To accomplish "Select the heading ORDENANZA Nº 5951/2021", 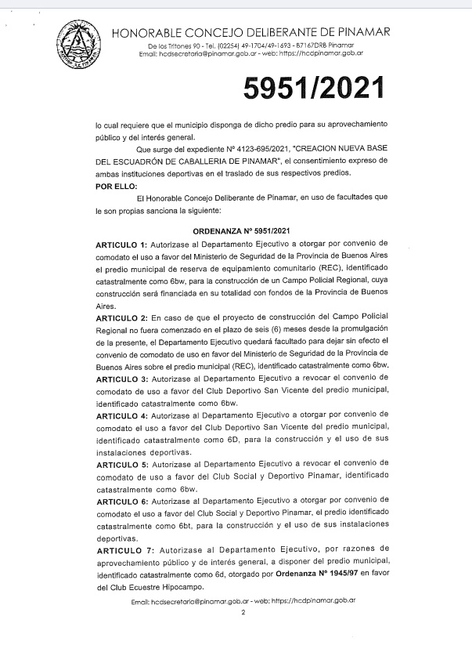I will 241,231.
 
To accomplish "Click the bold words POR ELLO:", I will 115,186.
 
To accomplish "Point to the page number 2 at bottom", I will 243,614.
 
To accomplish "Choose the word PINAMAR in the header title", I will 362,32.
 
